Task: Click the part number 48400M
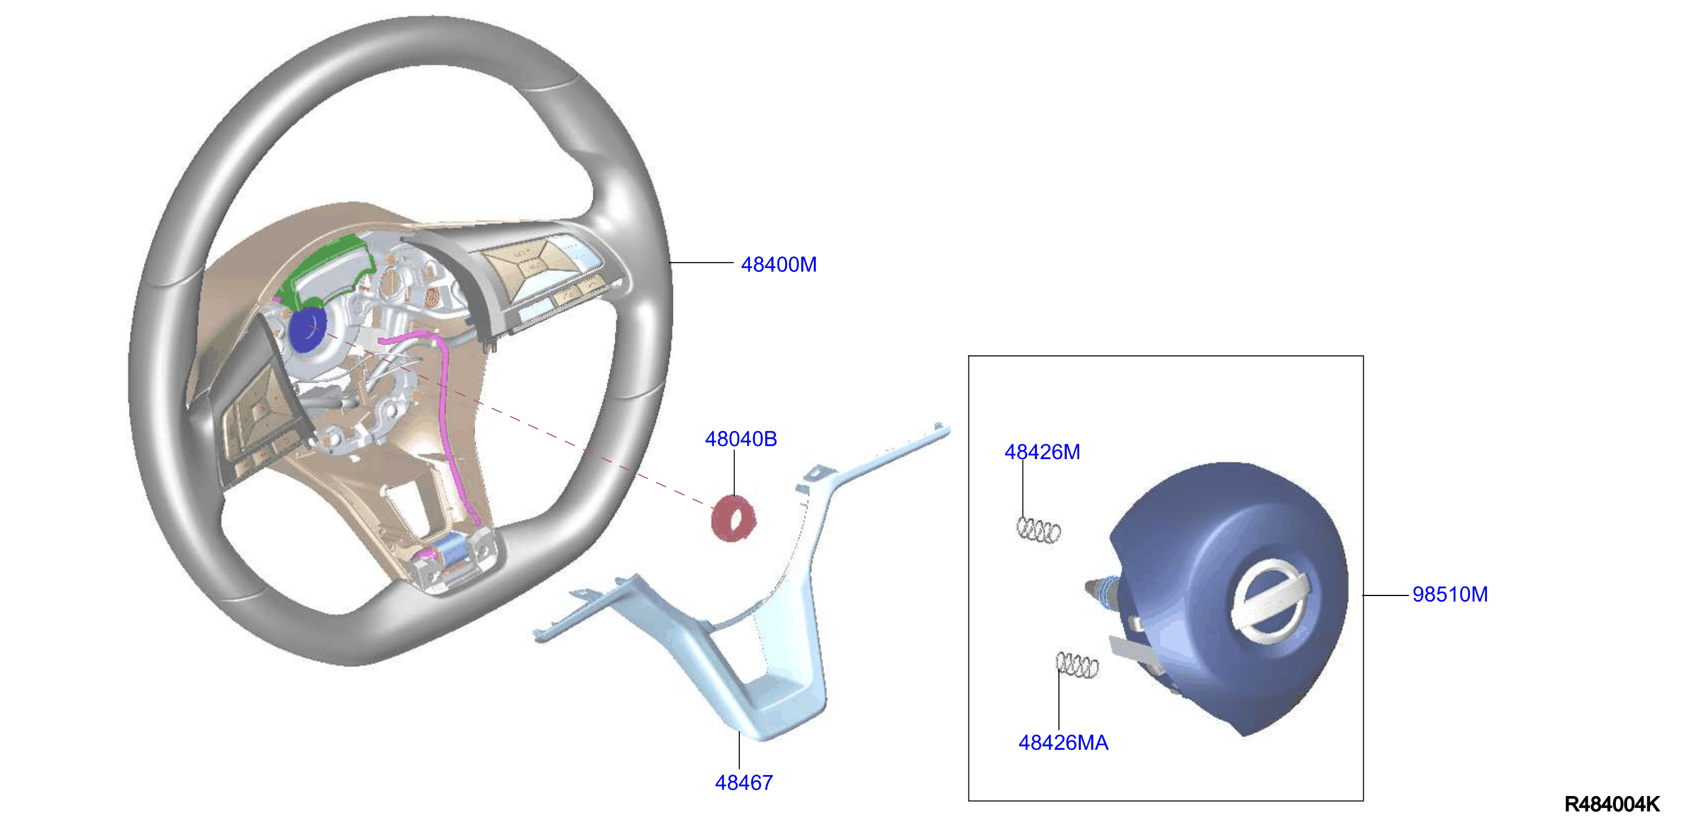(779, 264)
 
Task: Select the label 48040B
(741, 438)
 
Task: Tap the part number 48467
(744, 782)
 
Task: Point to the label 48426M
(1042, 452)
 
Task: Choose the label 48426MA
(1064, 742)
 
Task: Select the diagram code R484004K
(1612, 804)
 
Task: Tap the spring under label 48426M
(1038, 530)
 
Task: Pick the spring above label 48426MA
(1077, 665)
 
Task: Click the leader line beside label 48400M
(702, 263)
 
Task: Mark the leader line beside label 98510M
(1386, 595)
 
